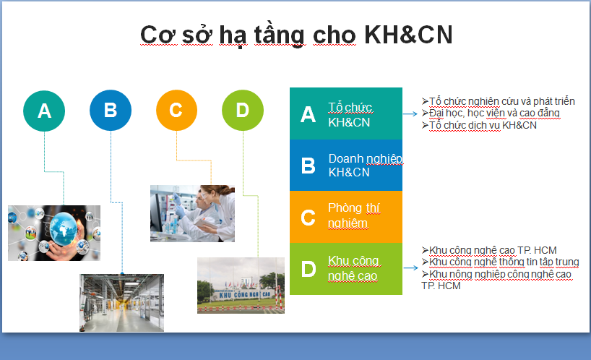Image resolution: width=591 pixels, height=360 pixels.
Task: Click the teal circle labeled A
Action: click(x=44, y=111)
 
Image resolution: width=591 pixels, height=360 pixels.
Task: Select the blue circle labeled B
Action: click(x=111, y=110)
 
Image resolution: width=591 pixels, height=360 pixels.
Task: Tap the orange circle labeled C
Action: click(x=176, y=110)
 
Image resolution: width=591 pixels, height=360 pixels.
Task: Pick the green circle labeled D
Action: click(x=243, y=110)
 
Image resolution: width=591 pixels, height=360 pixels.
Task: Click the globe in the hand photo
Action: click(x=64, y=228)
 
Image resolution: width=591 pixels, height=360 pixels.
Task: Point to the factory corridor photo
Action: click(x=122, y=303)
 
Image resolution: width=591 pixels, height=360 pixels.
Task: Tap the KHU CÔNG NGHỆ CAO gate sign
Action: click(x=245, y=294)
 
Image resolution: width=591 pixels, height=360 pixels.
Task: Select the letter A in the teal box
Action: click(x=308, y=114)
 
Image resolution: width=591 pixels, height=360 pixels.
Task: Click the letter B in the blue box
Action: click(x=309, y=166)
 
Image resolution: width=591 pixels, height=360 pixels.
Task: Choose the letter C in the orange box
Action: click(x=308, y=218)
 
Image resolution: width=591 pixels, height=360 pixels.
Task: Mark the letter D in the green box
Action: click(x=309, y=269)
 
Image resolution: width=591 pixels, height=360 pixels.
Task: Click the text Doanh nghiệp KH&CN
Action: click(x=366, y=165)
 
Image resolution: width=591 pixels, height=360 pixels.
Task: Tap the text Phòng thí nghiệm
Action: click(x=354, y=215)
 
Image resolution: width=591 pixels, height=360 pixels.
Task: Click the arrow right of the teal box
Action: click(x=410, y=113)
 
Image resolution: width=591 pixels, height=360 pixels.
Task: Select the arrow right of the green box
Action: click(x=411, y=267)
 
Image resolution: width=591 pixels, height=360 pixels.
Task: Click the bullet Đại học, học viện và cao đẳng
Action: click(x=491, y=113)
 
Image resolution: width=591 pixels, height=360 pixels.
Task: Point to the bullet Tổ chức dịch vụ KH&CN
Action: click(x=479, y=125)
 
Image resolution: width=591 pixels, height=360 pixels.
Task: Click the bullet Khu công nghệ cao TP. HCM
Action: click(x=489, y=250)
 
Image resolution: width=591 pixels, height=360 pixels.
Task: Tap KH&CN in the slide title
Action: click(x=408, y=35)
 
